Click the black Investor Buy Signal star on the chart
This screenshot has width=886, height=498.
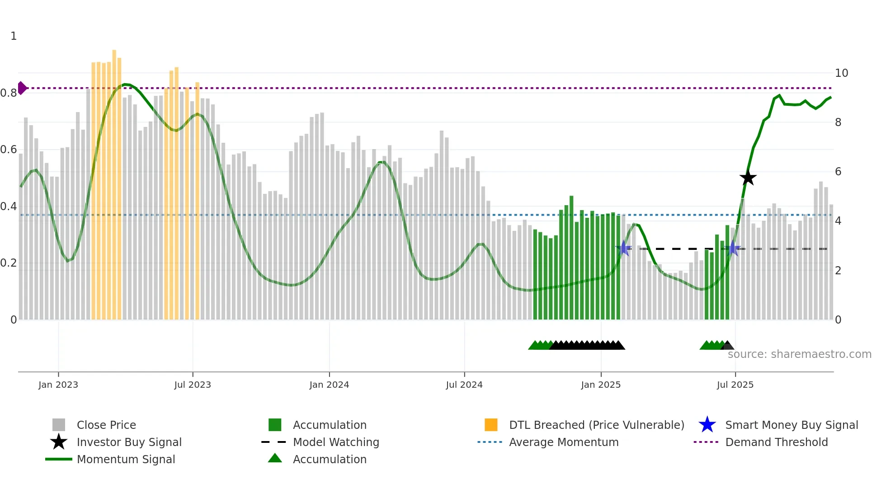(x=748, y=178)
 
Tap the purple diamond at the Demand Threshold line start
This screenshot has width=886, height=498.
(x=22, y=88)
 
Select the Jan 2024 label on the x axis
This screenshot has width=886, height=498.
(x=329, y=385)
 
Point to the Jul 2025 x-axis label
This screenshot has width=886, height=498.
(x=735, y=385)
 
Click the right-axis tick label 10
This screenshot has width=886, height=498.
(x=841, y=73)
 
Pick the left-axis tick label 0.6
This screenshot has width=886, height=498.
(x=9, y=150)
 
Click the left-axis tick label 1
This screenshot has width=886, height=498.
(x=14, y=36)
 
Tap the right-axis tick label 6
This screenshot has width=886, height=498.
(x=838, y=172)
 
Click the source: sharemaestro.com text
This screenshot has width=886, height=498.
(x=799, y=354)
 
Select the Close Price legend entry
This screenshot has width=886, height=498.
(x=106, y=425)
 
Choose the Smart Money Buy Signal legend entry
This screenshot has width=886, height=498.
(x=791, y=425)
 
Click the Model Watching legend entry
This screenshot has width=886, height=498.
(x=335, y=442)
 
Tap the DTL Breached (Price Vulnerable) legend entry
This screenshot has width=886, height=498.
(x=596, y=425)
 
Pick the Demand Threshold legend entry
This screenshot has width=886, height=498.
(x=776, y=442)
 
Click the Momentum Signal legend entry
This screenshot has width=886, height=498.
(x=126, y=459)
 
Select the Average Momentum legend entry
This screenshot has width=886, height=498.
(x=563, y=442)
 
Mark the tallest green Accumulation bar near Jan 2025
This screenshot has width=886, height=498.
(x=571, y=258)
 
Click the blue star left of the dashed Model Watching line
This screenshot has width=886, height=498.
(x=624, y=248)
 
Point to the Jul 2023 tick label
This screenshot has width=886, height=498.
(x=193, y=385)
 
